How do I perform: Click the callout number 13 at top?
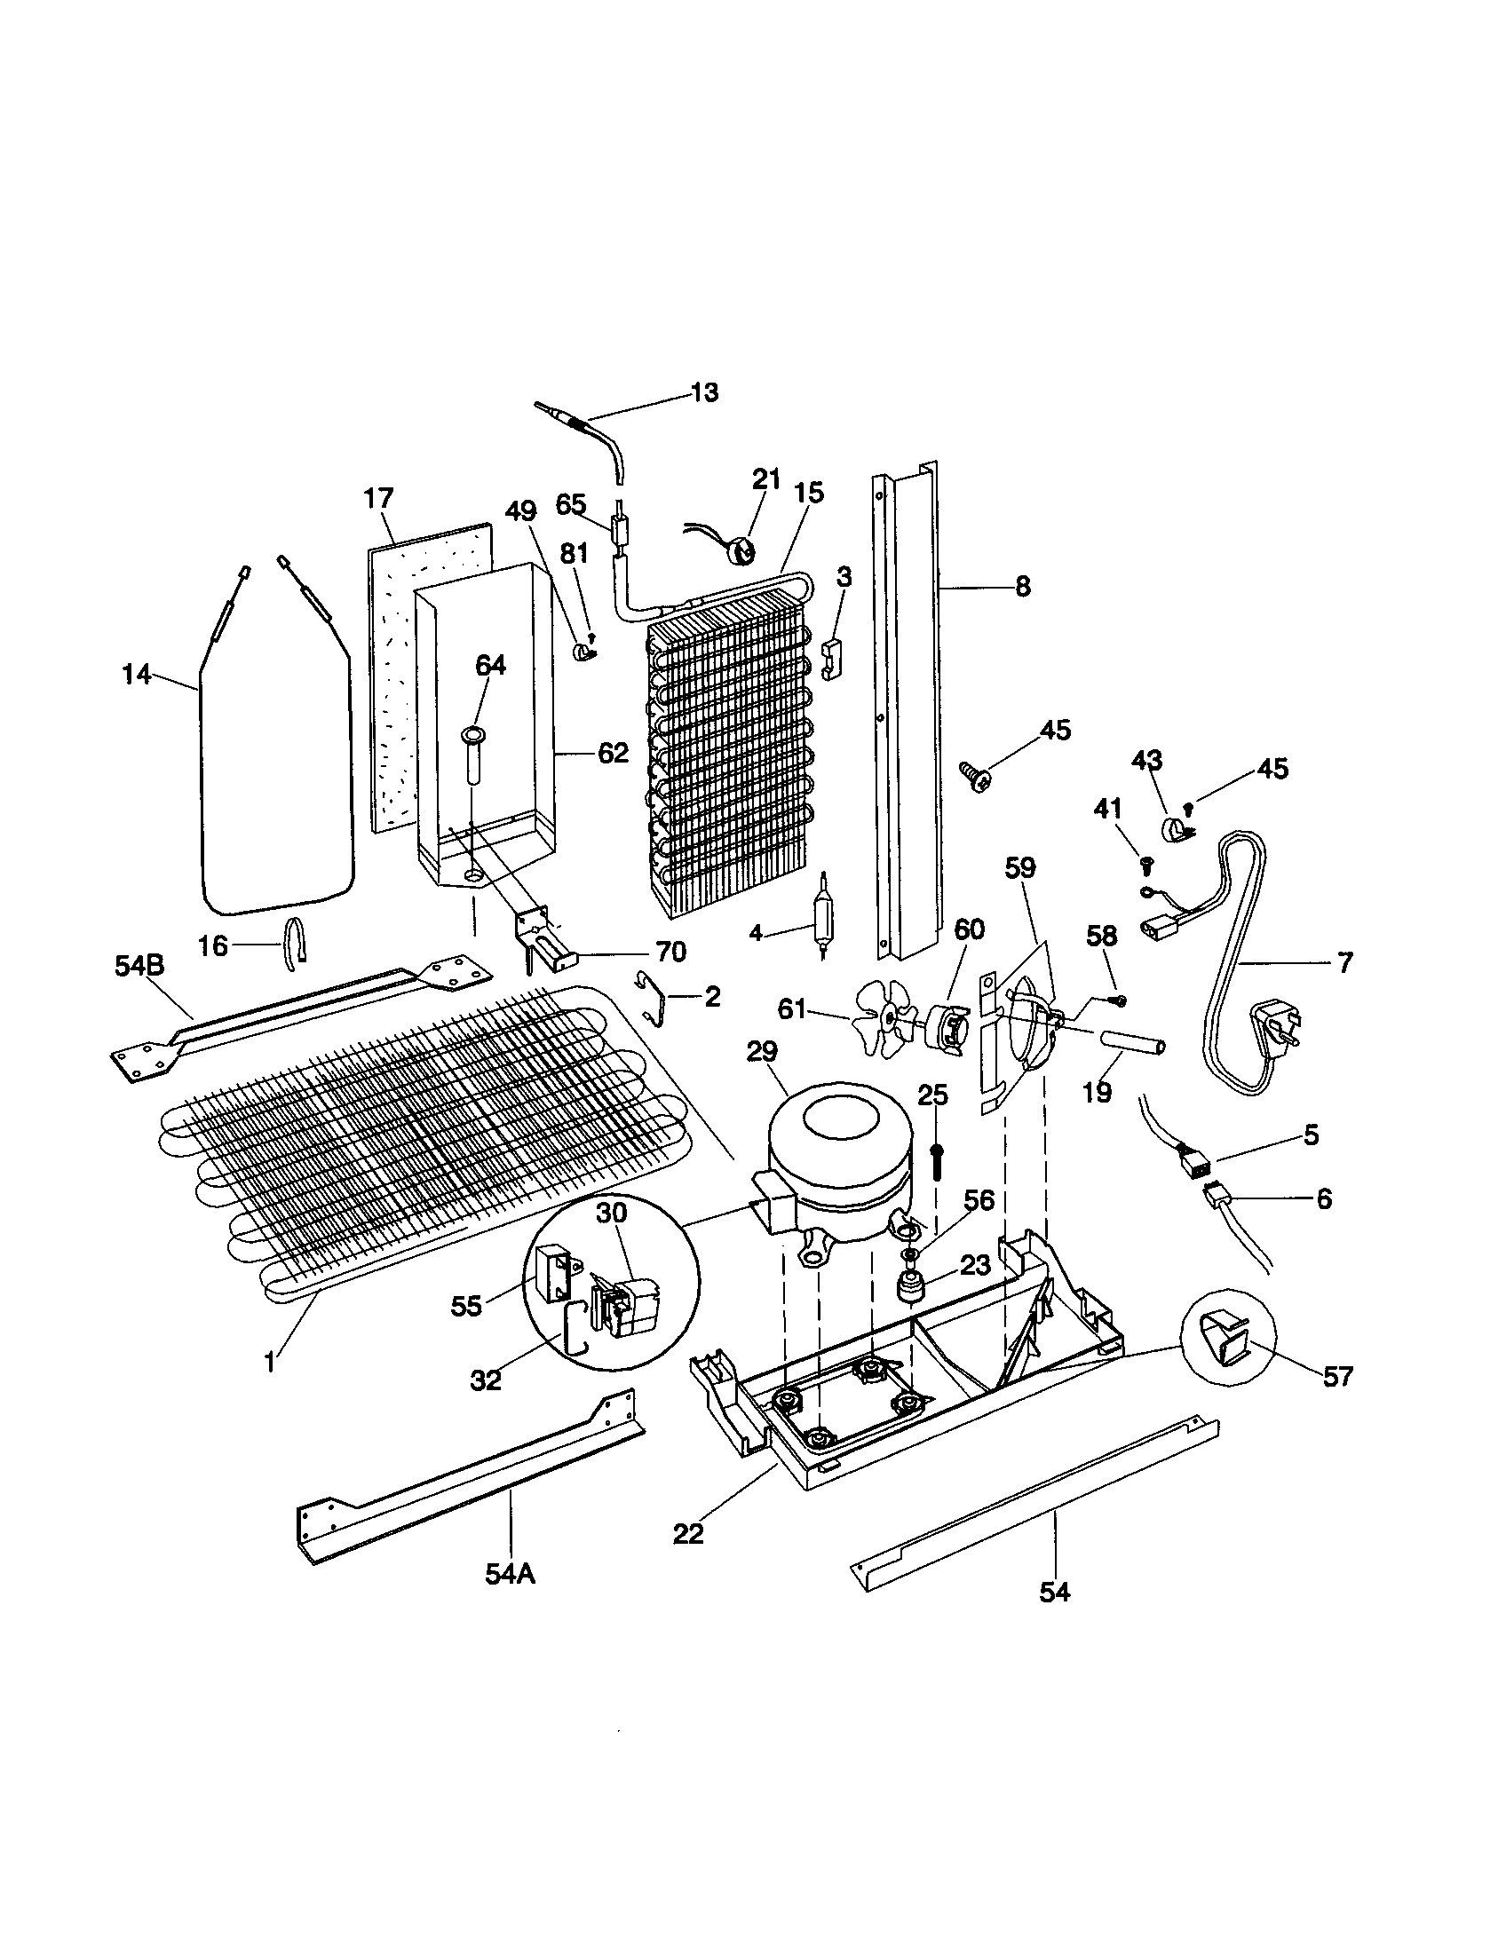pyautogui.click(x=704, y=392)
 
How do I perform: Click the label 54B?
pyautogui.click(x=139, y=965)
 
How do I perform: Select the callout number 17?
pyautogui.click(x=378, y=498)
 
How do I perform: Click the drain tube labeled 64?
pyautogui.click(x=472, y=756)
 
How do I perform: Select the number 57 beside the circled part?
pyautogui.click(x=1338, y=1376)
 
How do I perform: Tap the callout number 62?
pyautogui.click(x=613, y=753)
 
